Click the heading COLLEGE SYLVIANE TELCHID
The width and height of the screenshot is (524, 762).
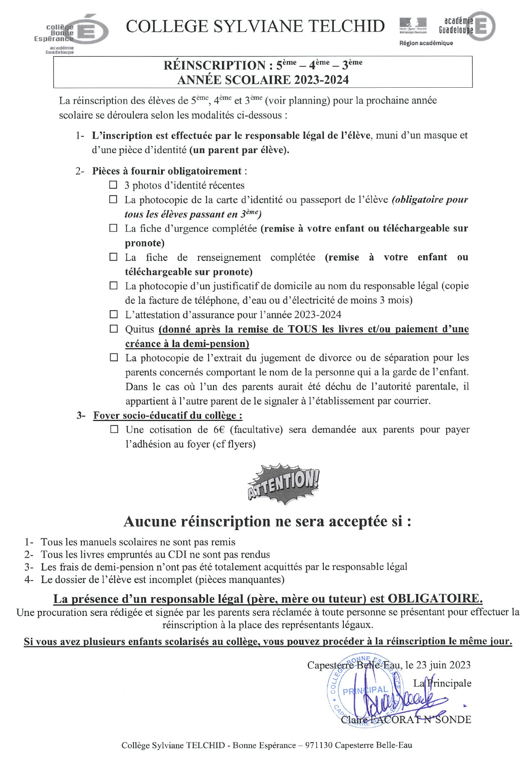point(255,26)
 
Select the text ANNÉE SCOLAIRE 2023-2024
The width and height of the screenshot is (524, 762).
point(263,80)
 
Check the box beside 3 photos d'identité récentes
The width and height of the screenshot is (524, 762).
point(113,185)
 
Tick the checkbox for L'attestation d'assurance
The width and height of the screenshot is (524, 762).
point(113,315)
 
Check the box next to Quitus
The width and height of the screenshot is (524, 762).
point(113,329)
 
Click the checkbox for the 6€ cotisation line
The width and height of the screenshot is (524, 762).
point(114,429)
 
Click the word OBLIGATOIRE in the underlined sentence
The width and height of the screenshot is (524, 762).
point(435,598)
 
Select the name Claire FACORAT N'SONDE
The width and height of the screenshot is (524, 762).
point(406,720)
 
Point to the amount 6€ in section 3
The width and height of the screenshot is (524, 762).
point(219,430)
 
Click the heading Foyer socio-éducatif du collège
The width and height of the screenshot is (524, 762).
point(168,415)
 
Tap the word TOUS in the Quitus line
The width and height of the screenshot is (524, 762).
point(302,329)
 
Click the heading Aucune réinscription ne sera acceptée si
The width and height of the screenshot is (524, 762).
point(267,522)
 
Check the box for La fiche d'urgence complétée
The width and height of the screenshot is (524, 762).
point(113,228)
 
